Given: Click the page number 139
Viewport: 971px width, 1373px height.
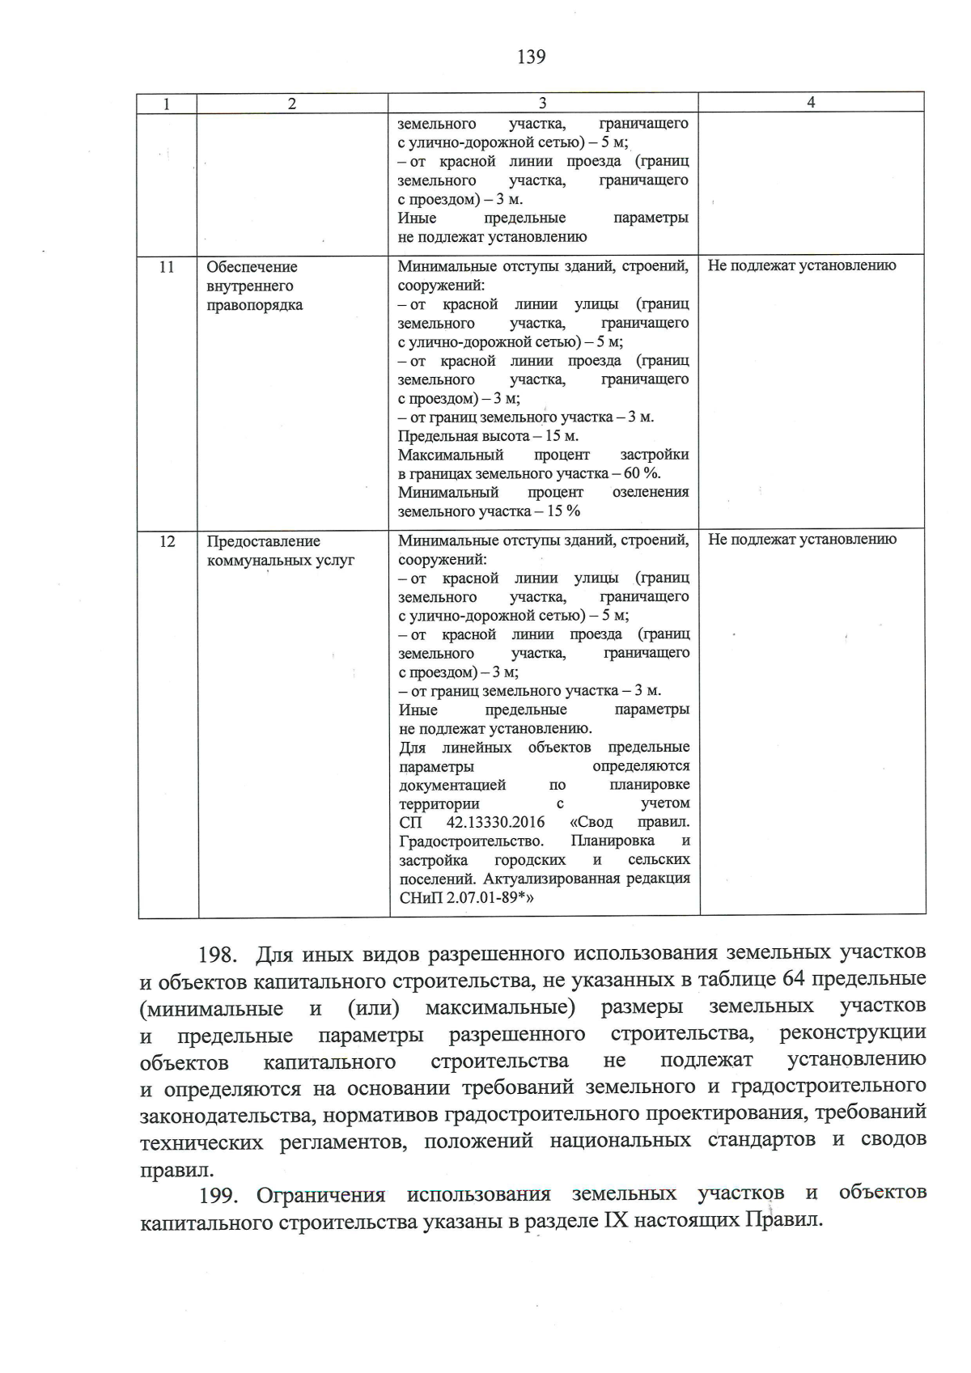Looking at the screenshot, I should click(531, 57).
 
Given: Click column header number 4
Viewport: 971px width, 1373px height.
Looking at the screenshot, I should click(811, 102).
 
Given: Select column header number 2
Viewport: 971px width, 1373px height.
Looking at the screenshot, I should click(292, 103).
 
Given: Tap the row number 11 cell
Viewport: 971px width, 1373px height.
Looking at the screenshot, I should click(167, 267).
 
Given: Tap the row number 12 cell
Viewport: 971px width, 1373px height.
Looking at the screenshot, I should click(167, 541).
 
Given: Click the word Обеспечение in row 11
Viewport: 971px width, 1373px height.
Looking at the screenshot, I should click(252, 267).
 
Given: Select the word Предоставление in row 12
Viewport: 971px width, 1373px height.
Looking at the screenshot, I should click(263, 541).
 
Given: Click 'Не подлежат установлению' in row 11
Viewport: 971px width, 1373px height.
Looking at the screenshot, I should click(801, 265).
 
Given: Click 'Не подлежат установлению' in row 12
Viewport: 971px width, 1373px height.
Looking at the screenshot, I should click(802, 540).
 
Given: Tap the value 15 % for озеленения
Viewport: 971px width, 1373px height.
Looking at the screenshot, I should click(564, 511).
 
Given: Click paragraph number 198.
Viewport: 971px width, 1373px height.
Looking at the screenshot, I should click(217, 955).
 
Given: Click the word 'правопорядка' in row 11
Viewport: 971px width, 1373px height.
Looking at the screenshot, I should click(254, 305).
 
